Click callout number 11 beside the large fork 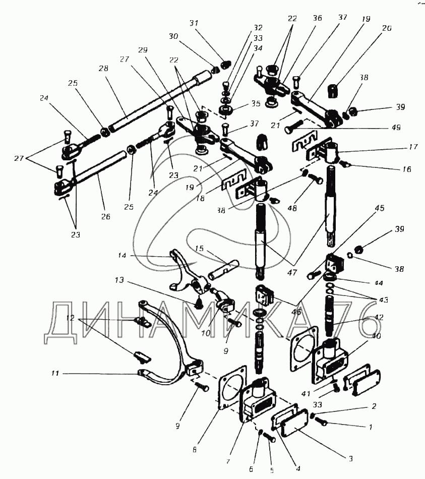pos(55,374)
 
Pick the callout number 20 pos(387,28)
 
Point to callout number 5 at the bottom pos(271,470)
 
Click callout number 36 pos(317,18)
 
